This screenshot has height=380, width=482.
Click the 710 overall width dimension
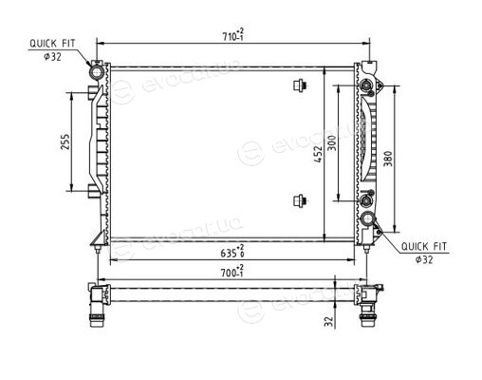click(233, 34)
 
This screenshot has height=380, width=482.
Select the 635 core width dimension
click(232, 251)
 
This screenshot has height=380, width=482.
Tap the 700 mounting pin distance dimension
click(232, 271)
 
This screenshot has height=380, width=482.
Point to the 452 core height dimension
click(318, 154)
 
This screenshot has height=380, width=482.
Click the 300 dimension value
click(332, 142)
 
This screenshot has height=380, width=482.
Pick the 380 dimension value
click(388, 159)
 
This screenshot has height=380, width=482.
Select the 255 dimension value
click(65, 142)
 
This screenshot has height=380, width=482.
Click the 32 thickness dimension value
click(329, 321)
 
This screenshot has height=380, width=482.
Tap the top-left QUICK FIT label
click(52, 44)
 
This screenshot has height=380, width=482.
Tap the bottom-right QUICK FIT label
click(424, 246)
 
